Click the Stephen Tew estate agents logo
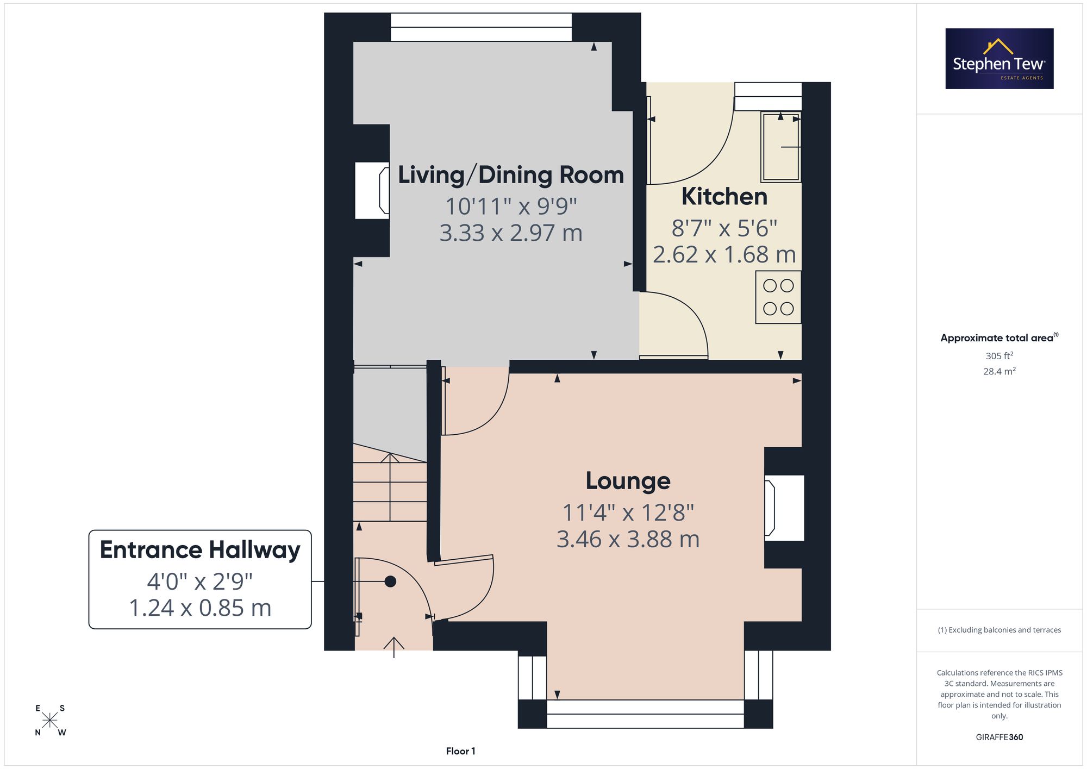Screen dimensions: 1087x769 click(999, 59)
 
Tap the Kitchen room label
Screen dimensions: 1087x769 click(724, 197)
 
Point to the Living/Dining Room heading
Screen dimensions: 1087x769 click(511, 175)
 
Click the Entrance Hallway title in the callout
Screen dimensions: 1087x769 click(200, 550)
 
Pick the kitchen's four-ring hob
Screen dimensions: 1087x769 click(778, 297)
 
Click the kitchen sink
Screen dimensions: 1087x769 click(781, 146)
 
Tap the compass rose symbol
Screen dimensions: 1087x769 click(50, 720)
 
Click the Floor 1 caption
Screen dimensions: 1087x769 click(460, 751)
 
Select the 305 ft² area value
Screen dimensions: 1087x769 click(999, 356)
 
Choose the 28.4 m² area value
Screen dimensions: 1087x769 click(999, 371)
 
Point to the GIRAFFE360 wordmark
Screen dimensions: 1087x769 click(999, 737)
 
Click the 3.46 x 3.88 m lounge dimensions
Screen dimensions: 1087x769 click(628, 539)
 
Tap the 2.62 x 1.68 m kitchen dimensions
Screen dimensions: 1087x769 click(724, 254)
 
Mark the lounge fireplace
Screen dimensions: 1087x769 click(784, 508)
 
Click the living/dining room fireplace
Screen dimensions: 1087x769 click(372, 190)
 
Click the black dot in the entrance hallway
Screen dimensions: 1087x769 click(390, 582)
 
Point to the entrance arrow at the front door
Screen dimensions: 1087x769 click(394, 647)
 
